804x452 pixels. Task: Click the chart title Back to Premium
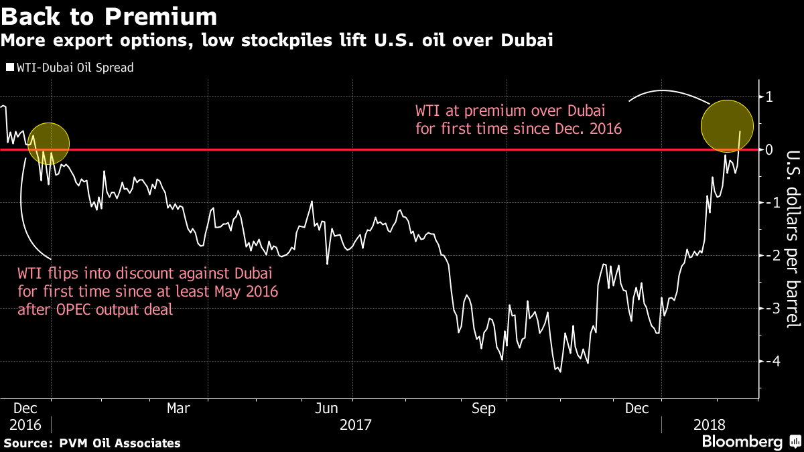[x=109, y=17]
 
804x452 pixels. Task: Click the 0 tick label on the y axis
[x=770, y=150]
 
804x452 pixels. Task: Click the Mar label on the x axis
[x=178, y=408]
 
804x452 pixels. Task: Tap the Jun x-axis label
[x=326, y=408]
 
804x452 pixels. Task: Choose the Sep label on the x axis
[x=484, y=408]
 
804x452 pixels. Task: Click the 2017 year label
[x=355, y=425]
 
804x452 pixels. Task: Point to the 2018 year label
[x=709, y=425]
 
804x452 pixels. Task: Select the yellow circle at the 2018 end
[x=727, y=125]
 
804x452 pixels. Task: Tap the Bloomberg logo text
[x=742, y=442]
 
